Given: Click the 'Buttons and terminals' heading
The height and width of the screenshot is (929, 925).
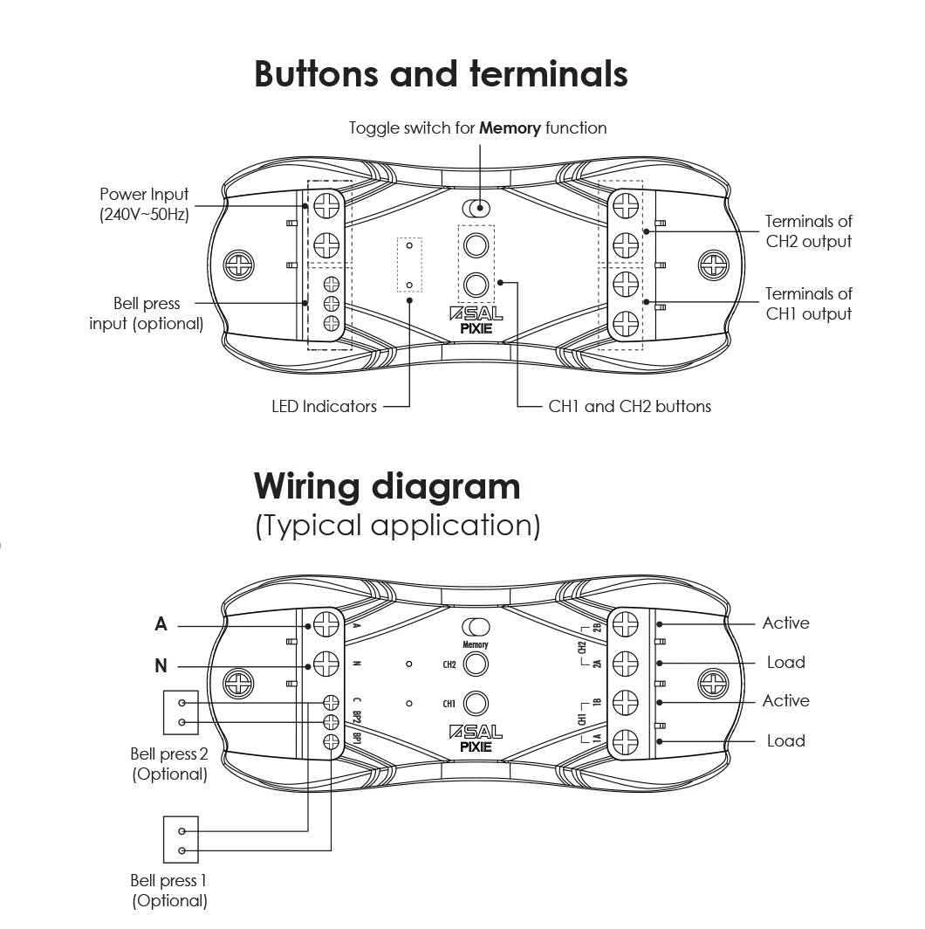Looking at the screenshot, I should click(441, 74).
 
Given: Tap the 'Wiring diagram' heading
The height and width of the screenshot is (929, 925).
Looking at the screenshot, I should click(387, 485).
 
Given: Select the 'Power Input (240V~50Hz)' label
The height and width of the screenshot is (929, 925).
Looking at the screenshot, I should click(144, 204).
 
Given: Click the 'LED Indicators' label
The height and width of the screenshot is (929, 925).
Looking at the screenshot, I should click(324, 406).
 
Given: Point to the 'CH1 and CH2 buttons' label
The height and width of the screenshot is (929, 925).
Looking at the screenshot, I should click(629, 406).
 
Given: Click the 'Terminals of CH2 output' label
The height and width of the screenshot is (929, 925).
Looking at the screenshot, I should click(808, 231).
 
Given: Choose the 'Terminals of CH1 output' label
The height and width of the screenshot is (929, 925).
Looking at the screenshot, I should click(808, 304).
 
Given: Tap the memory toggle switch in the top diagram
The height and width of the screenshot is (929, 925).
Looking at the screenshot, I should click(476, 209).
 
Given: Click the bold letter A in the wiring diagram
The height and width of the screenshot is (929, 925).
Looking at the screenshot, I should click(161, 624).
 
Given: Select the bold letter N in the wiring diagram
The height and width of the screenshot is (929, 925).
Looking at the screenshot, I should click(161, 666).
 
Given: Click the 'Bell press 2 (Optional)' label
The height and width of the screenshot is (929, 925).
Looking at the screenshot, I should click(169, 764).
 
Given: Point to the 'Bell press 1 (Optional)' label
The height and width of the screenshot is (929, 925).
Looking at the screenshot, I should click(169, 891).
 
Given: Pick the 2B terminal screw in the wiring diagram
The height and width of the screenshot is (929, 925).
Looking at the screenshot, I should click(625, 624).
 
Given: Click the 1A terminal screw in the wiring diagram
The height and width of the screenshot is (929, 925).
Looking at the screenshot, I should click(625, 742).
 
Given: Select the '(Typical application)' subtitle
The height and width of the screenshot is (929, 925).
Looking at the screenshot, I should click(397, 526).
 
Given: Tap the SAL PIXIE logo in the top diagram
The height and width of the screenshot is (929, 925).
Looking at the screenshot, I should click(476, 321).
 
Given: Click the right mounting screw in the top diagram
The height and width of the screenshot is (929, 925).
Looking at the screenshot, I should click(714, 264).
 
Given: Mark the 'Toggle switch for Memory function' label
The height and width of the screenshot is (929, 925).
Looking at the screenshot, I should click(477, 128).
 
